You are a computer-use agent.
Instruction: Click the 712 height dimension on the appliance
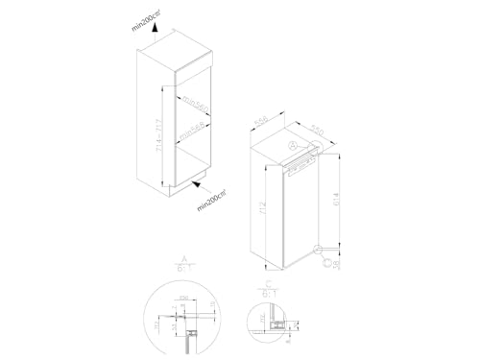[276, 212]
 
